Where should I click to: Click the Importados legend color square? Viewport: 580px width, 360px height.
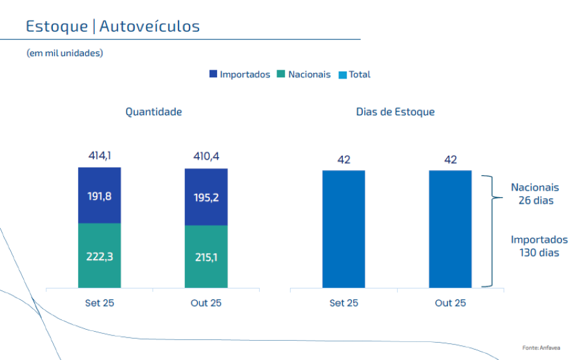click(x=213, y=74)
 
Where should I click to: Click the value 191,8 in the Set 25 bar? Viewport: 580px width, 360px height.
click(x=99, y=196)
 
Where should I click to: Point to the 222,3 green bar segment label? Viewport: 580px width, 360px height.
click(x=99, y=256)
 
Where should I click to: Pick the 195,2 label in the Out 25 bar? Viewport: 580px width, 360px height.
click(x=206, y=198)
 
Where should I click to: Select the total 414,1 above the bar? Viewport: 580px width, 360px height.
click(x=99, y=155)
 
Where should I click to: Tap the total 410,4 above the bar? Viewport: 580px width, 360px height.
click(x=206, y=155)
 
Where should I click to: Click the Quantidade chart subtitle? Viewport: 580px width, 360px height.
click(x=153, y=112)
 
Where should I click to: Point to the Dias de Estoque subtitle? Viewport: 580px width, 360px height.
click(x=395, y=112)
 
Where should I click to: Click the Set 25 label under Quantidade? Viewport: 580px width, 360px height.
click(x=99, y=303)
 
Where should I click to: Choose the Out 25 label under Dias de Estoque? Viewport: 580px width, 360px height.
click(x=450, y=303)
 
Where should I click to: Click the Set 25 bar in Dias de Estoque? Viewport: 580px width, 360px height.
click(x=343, y=229)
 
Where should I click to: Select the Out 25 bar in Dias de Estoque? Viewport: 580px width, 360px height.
click(x=450, y=229)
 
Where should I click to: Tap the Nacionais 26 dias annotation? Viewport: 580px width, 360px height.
click(x=535, y=194)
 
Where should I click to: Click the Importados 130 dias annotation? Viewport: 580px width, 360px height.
click(x=539, y=246)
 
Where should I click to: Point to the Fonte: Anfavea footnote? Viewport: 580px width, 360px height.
click(x=541, y=348)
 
